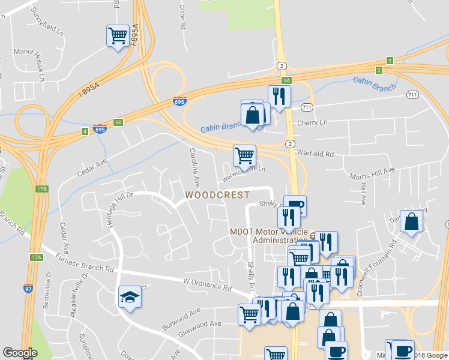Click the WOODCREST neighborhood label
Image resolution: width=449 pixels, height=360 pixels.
217,195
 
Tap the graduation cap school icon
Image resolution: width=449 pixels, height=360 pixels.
130,297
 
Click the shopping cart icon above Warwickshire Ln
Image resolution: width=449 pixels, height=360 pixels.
244,155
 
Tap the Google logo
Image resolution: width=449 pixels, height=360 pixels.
20,353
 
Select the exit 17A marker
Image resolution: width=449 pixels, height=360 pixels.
37,257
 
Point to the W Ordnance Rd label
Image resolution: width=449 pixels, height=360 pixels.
207,284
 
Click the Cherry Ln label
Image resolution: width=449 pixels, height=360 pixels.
313,122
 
